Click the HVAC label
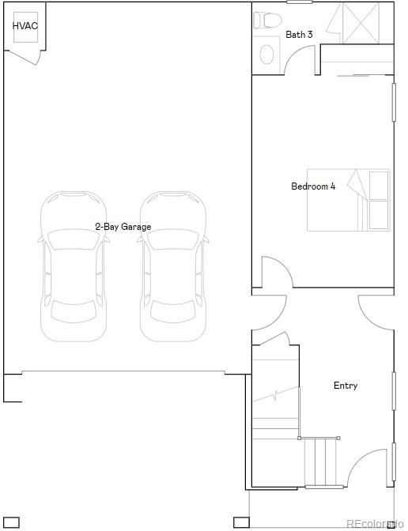(25, 26)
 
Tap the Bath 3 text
(299, 35)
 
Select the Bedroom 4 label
(313, 186)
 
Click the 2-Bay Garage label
(123, 227)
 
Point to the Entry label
(346, 386)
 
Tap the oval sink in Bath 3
(267, 55)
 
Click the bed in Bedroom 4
(349, 200)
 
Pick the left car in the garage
(73, 267)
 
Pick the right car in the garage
(172, 267)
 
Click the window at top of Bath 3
(299, 2)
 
